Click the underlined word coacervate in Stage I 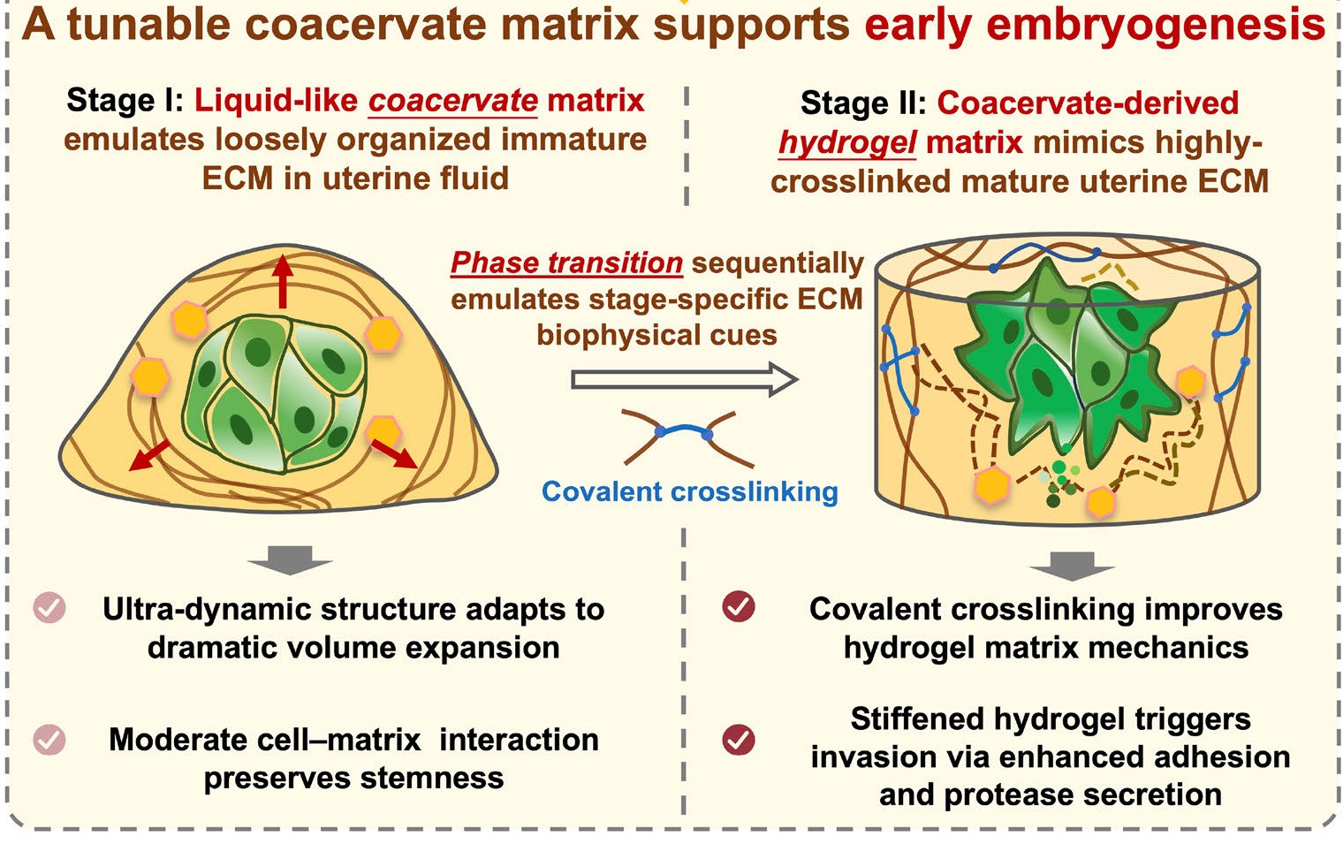point(452,101)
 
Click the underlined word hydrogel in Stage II point(846,142)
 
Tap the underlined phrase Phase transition point(566,262)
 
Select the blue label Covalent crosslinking point(689,491)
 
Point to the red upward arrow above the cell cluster point(282,280)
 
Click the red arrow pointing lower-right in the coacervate point(393,452)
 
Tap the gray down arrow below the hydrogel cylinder point(1073,566)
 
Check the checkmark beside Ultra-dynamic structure point(49,608)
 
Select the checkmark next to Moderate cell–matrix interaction point(49,739)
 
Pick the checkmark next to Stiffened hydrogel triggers point(739,740)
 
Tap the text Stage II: point(862,103)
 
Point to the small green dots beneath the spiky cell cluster point(1061,482)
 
